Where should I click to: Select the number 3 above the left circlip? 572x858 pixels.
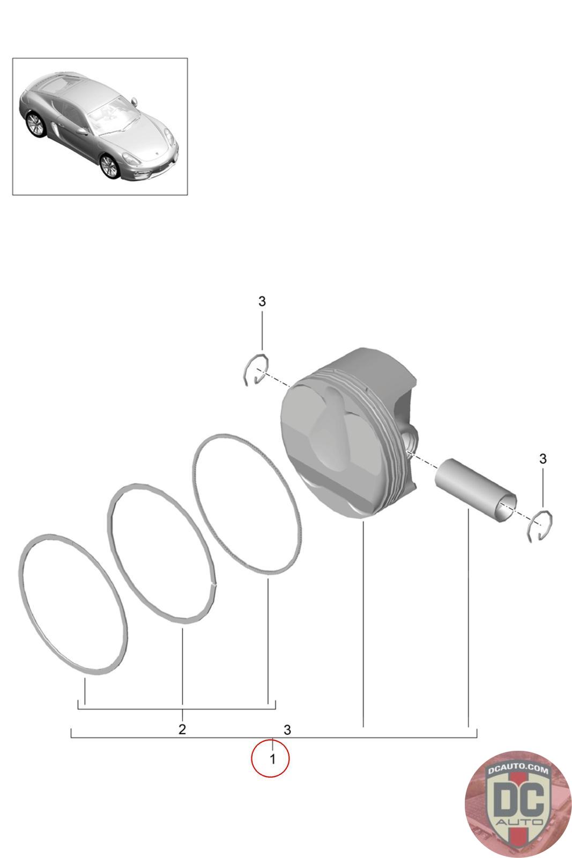[262, 301]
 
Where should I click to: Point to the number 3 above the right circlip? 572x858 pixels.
[543, 458]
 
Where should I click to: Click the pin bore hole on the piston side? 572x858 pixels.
[411, 439]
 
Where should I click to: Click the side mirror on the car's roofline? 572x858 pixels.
[134, 101]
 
